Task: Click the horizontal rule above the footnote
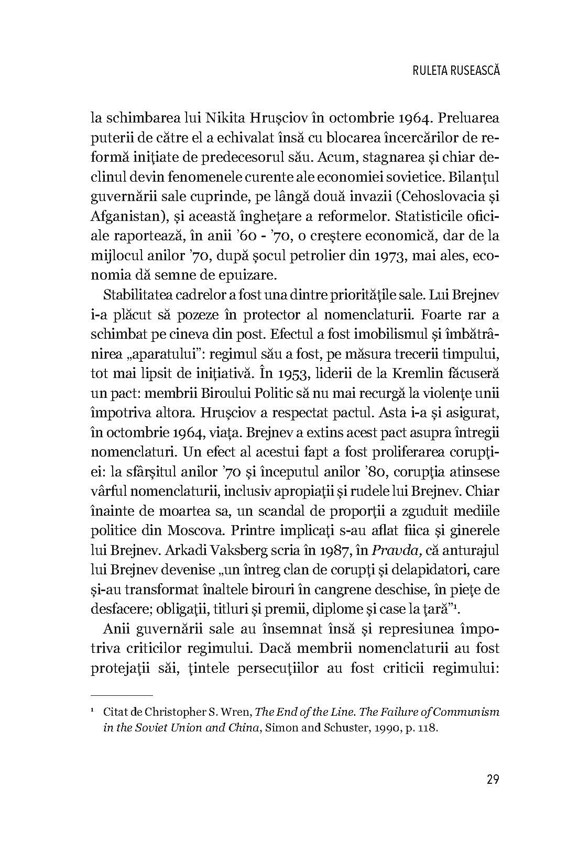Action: coord(122,696)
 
